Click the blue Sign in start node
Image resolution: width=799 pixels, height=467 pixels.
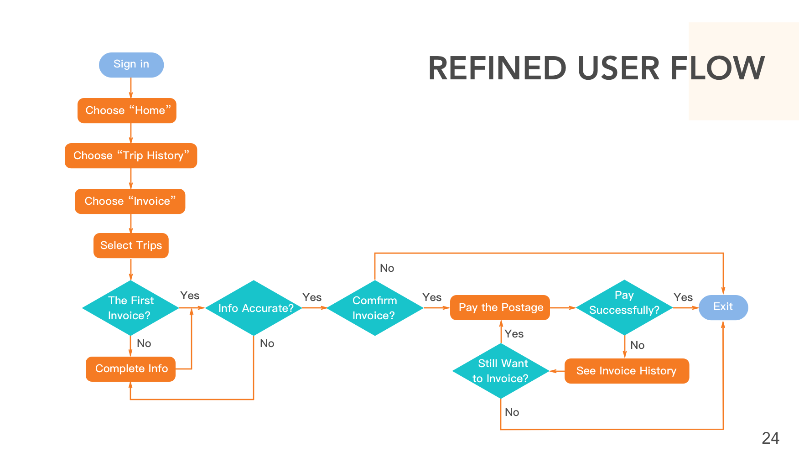coord(131,65)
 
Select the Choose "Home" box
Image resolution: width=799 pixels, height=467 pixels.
coord(127,110)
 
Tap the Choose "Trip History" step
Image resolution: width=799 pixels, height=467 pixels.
coord(131,156)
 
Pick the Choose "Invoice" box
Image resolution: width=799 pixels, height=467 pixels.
coord(130,201)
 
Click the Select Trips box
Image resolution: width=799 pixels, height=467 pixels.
coord(131,245)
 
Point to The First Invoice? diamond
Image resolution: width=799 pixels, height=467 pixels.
coord(130,308)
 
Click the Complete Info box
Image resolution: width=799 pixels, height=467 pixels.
coord(131,369)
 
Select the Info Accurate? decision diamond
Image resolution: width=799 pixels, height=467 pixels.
coord(254,308)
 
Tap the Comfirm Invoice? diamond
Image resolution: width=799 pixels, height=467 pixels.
coord(375,308)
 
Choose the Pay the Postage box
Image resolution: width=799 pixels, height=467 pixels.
coord(500,307)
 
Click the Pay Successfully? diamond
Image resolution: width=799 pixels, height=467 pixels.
coord(624,307)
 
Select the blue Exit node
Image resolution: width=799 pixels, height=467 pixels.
coord(723,307)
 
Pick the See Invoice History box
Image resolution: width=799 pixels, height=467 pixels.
coord(627,371)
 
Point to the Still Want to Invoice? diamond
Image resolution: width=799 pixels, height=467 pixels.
coord(501,371)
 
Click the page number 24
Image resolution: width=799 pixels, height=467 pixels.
coord(771,438)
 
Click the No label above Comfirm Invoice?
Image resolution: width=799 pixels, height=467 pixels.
coord(387,268)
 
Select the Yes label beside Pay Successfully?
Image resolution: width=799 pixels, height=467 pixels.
coord(683,297)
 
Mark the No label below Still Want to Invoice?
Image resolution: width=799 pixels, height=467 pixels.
coord(512,412)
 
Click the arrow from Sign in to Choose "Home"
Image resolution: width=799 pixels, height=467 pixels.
coord(131,88)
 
